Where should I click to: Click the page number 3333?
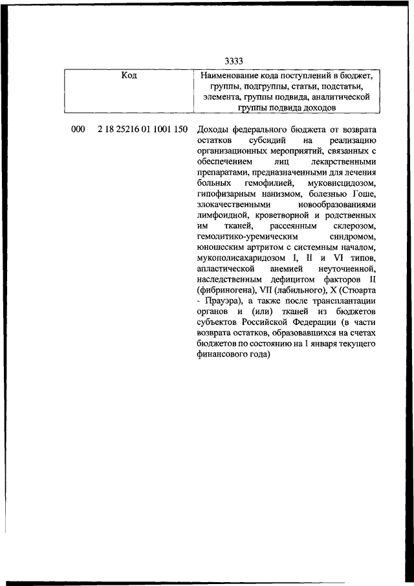point(234,62)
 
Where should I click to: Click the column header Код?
point(129,76)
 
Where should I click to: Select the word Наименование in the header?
point(230,76)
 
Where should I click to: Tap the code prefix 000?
point(78,130)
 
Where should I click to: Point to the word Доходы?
point(211,130)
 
